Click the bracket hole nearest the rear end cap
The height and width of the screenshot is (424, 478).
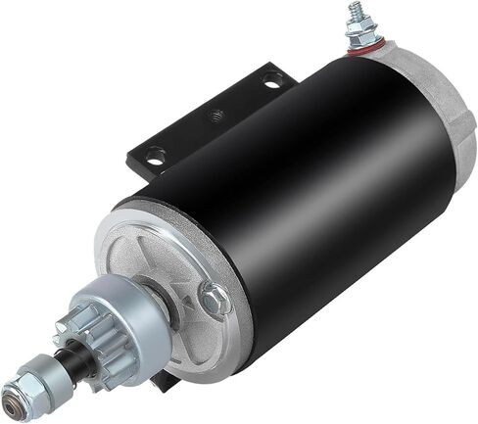click(269, 84)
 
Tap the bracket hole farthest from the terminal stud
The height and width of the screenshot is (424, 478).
click(154, 154)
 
